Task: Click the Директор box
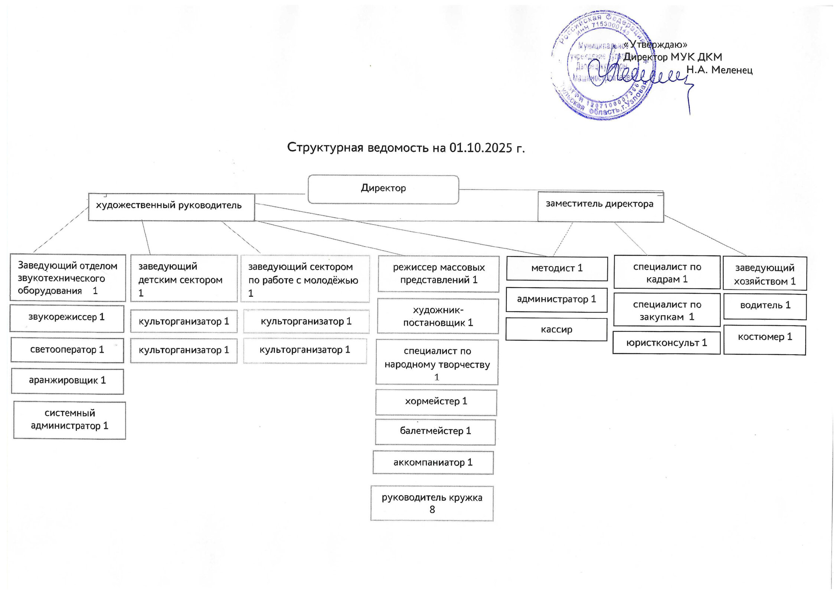point(383,189)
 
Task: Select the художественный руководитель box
point(171,206)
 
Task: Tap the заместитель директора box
point(600,206)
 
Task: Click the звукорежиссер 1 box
point(67,318)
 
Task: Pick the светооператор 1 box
point(67,350)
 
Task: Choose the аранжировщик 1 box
point(67,381)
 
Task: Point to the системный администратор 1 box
point(69,420)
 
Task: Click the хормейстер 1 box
point(436,402)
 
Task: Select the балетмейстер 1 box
point(435,432)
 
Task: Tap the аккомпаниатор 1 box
point(433,463)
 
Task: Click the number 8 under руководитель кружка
point(432,510)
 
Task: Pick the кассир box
point(556,330)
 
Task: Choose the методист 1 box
point(557,268)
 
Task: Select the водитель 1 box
point(765,306)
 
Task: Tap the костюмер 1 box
point(764,339)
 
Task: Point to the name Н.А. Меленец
point(719,70)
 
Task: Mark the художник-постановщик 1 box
point(438,317)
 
